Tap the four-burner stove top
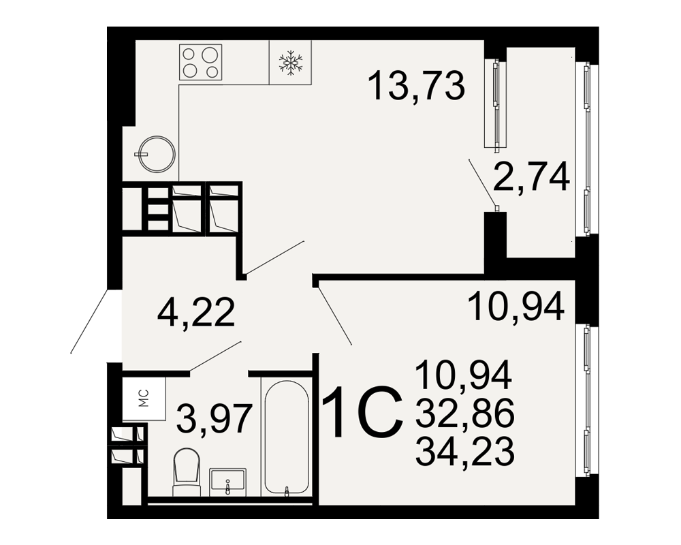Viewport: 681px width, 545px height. pyautogui.click(x=201, y=62)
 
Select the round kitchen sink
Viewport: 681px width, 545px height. pyautogui.click(x=157, y=154)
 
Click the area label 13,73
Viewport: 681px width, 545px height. pyautogui.click(x=416, y=86)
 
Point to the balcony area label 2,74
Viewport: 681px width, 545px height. pyautogui.click(x=530, y=176)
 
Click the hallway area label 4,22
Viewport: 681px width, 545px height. pyautogui.click(x=196, y=313)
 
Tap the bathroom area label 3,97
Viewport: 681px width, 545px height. pyautogui.click(x=215, y=418)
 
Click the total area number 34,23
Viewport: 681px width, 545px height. pyautogui.click(x=464, y=450)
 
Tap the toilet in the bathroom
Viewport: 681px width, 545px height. pyautogui.click(x=187, y=472)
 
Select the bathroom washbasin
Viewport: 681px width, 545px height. pyautogui.click(x=227, y=482)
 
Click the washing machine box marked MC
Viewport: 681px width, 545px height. pyautogui.click(x=144, y=398)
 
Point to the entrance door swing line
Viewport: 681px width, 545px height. pyautogui.click(x=89, y=321)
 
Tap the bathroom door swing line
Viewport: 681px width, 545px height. pyautogui.click(x=215, y=356)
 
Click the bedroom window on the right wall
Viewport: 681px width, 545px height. pyautogui.click(x=587, y=400)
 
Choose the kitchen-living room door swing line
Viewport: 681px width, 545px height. pyautogui.click(x=274, y=258)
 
